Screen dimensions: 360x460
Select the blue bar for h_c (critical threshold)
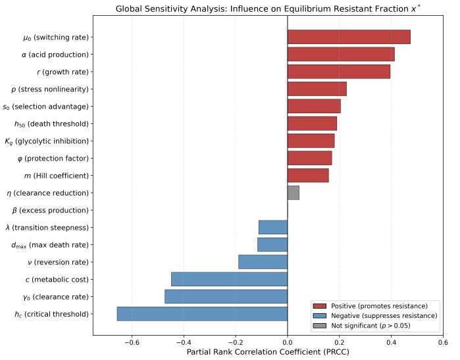coord(202,314)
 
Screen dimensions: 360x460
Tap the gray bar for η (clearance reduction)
coord(294,193)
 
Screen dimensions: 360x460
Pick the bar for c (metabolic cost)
coord(229,279)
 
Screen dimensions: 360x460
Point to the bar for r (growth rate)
coord(339,72)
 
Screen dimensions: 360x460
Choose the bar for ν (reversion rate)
coord(263,262)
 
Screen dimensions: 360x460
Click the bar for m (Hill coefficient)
coord(308,176)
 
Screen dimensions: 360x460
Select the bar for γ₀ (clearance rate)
coord(226,297)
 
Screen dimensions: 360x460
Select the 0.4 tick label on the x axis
coord(391,342)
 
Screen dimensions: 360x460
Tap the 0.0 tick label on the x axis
coord(288,342)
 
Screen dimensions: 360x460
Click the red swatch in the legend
coord(320,306)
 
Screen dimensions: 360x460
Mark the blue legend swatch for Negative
coord(320,316)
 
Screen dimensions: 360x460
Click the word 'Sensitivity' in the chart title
coord(176,9)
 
